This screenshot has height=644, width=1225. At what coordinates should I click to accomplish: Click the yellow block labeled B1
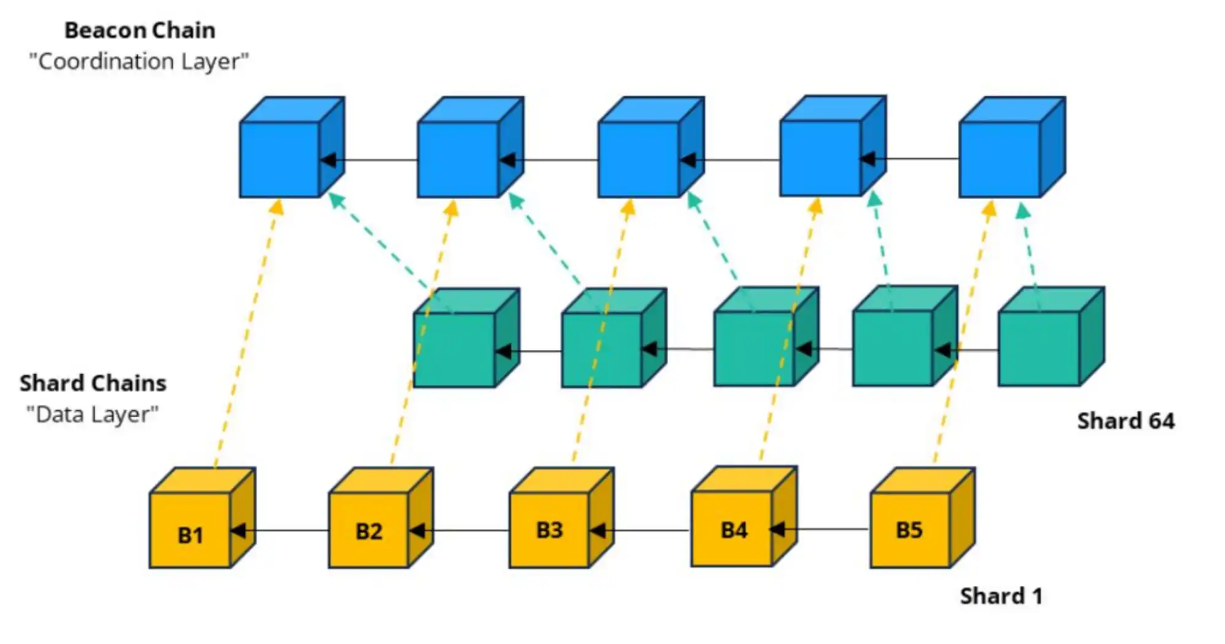coord(190,530)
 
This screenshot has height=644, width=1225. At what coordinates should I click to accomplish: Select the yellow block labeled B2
coord(369,530)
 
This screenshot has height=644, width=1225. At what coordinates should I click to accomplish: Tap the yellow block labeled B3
coord(549,529)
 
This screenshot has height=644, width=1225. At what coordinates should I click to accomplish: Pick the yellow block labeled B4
coord(733,529)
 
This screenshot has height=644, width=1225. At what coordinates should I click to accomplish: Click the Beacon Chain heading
coord(140,30)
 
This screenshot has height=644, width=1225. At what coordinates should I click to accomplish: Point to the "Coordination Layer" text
coord(139,61)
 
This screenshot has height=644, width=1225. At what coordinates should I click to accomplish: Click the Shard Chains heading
coord(93,383)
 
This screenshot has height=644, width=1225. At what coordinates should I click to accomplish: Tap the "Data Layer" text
coord(92,415)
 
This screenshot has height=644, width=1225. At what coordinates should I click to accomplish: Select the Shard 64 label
coord(1126,421)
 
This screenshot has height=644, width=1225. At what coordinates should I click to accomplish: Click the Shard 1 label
coord(1001,596)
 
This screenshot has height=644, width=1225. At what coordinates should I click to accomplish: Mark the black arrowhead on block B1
coord(238,531)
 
